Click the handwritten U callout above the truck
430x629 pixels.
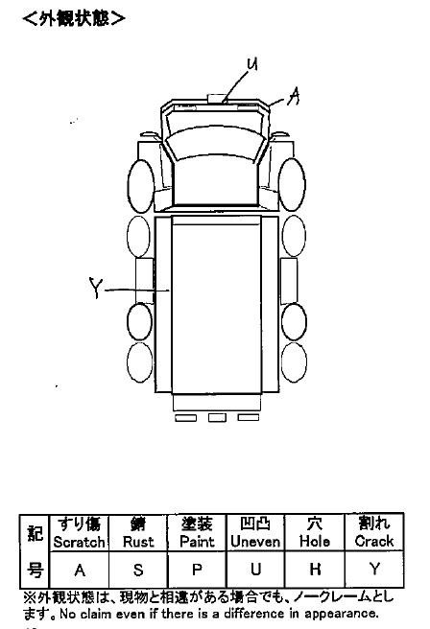[252, 64]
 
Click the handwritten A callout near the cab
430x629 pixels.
[294, 96]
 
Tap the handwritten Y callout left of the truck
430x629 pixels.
[96, 288]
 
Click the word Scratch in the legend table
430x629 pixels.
[79, 542]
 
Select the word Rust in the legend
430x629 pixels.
[138, 542]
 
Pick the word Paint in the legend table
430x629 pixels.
[197, 542]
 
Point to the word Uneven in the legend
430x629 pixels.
[255, 542]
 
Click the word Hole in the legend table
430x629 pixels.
[315, 542]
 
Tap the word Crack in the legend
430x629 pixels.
[373, 541]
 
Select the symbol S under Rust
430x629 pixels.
[138, 570]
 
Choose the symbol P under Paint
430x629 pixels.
[197, 570]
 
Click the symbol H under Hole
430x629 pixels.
[315, 569]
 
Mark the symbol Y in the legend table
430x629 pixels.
[374, 569]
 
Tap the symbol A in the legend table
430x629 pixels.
[80, 570]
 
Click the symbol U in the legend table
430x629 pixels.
[255, 570]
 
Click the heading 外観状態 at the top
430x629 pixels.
[74, 18]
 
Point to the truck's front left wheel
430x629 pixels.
[141, 186]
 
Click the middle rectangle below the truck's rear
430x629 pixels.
[217, 418]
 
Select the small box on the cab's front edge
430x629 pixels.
[217, 99]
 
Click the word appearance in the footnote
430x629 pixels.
[341, 614]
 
